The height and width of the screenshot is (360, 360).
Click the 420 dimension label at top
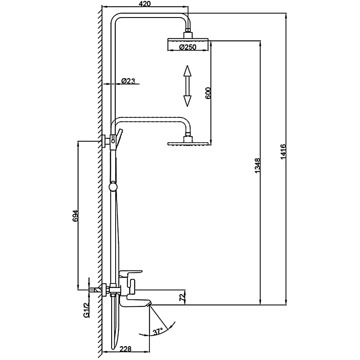pyautogui.click(x=144, y=4)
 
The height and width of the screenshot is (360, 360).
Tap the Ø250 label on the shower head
pyautogui.click(x=188, y=47)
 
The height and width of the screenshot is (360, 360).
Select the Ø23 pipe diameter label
pyautogui.click(x=128, y=81)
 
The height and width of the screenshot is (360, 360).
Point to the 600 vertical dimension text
pyautogui.click(x=208, y=93)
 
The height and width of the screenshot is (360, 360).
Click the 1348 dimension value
pyautogui.click(x=257, y=166)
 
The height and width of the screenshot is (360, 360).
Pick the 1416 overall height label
pyautogui.click(x=283, y=153)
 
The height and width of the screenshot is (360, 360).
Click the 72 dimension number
pyautogui.click(x=182, y=297)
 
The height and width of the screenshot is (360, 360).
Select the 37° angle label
pyautogui.click(x=157, y=332)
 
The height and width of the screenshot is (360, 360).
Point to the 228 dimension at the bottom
pyautogui.click(x=126, y=348)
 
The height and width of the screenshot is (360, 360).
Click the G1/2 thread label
pyautogui.click(x=85, y=310)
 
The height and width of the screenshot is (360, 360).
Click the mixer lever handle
pyautogui.click(x=130, y=273)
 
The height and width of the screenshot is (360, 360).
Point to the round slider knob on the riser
pyautogui.click(x=114, y=186)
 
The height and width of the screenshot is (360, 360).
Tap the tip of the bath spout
pyautogui.click(x=148, y=306)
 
